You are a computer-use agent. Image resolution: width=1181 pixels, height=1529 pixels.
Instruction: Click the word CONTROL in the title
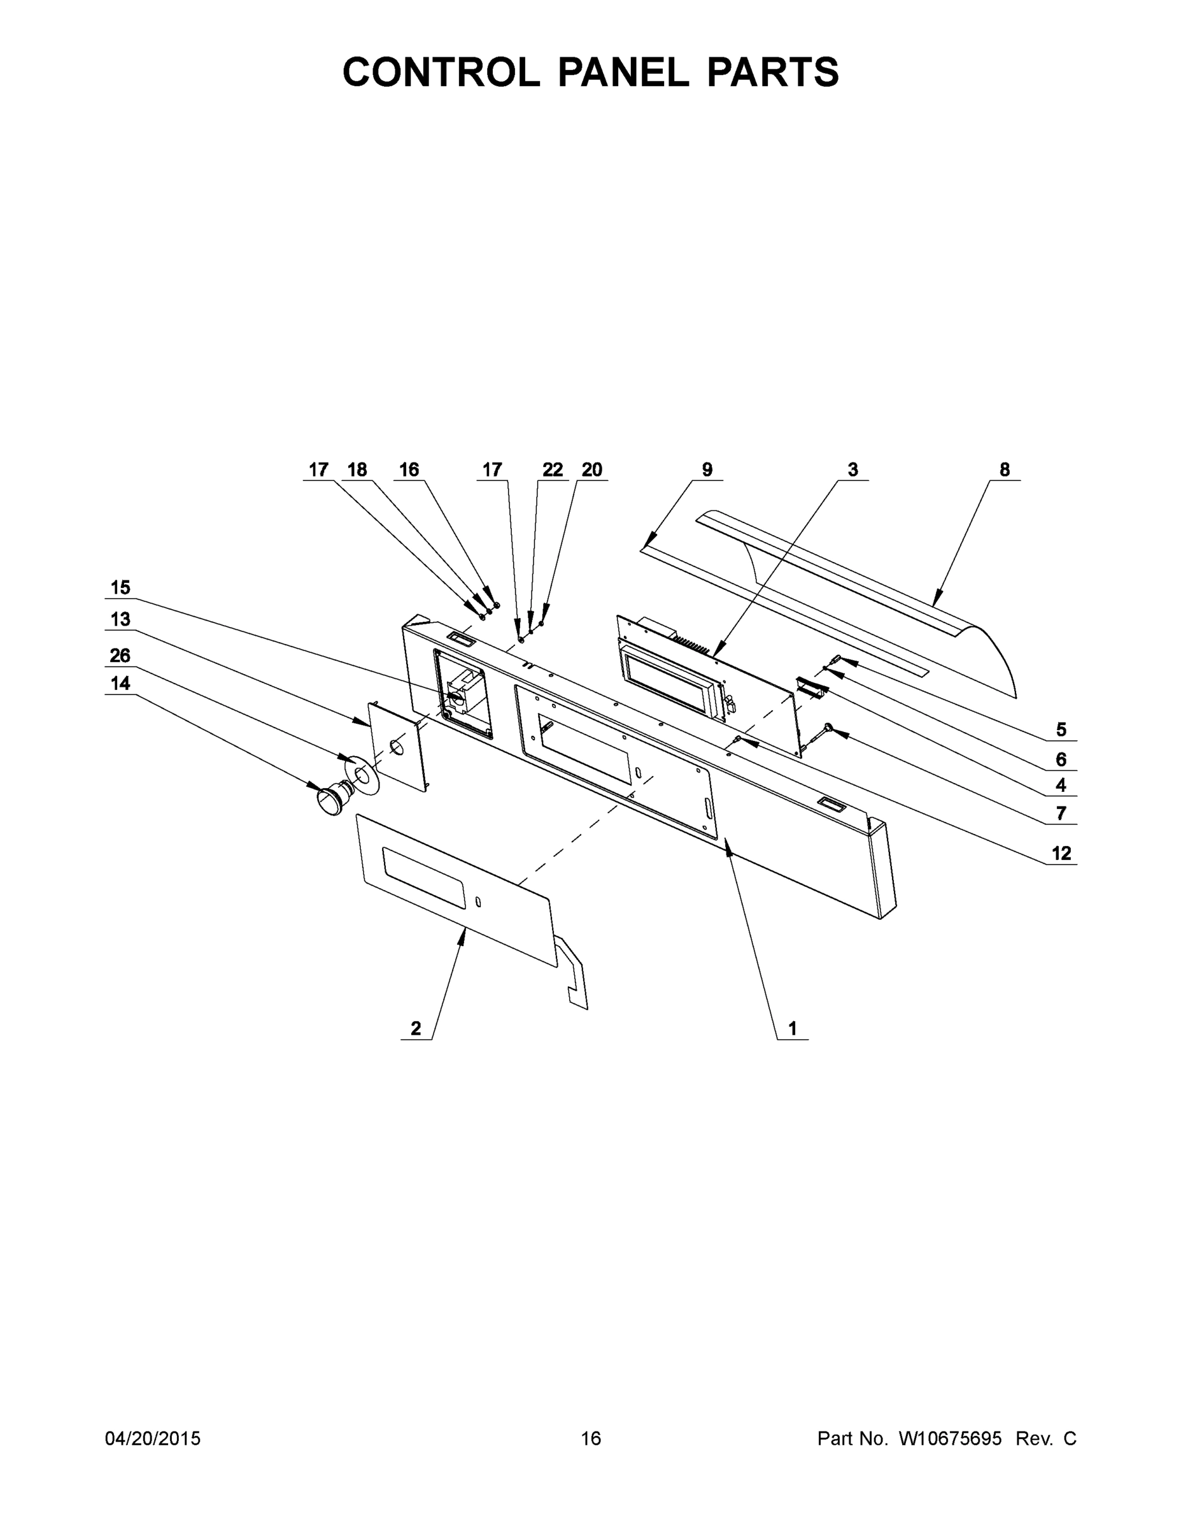[x=441, y=72]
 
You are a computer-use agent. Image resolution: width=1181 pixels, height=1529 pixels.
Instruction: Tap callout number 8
[x=1004, y=470]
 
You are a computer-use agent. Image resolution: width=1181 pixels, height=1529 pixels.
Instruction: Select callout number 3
[x=852, y=470]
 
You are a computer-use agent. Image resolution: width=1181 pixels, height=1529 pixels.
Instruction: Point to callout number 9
[x=707, y=470]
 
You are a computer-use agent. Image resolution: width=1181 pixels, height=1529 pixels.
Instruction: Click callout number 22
[x=552, y=470]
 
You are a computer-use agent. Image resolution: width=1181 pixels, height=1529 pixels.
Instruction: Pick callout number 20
[x=591, y=470]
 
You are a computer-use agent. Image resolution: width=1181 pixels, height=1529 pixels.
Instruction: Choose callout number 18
[x=357, y=470]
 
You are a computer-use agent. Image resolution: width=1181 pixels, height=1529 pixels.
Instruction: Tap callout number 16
[x=409, y=470]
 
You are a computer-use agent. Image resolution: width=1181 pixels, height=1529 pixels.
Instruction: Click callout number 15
[x=120, y=587]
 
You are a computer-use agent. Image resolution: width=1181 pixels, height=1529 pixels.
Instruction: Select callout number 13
[x=120, y=619]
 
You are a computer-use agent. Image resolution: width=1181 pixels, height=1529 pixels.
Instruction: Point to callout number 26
[x=120, y=656]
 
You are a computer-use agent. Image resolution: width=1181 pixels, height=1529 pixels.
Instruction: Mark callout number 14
[x=120, y=684]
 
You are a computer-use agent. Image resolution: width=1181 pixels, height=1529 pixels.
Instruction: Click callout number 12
[x=1061, y=854]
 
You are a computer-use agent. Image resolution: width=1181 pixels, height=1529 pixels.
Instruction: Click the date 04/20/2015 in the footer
[x=153, y=1438]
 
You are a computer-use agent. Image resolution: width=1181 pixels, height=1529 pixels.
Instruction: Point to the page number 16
[x=591, y=1438]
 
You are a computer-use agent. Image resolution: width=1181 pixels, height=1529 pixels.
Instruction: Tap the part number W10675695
[x=949, y=1438]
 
